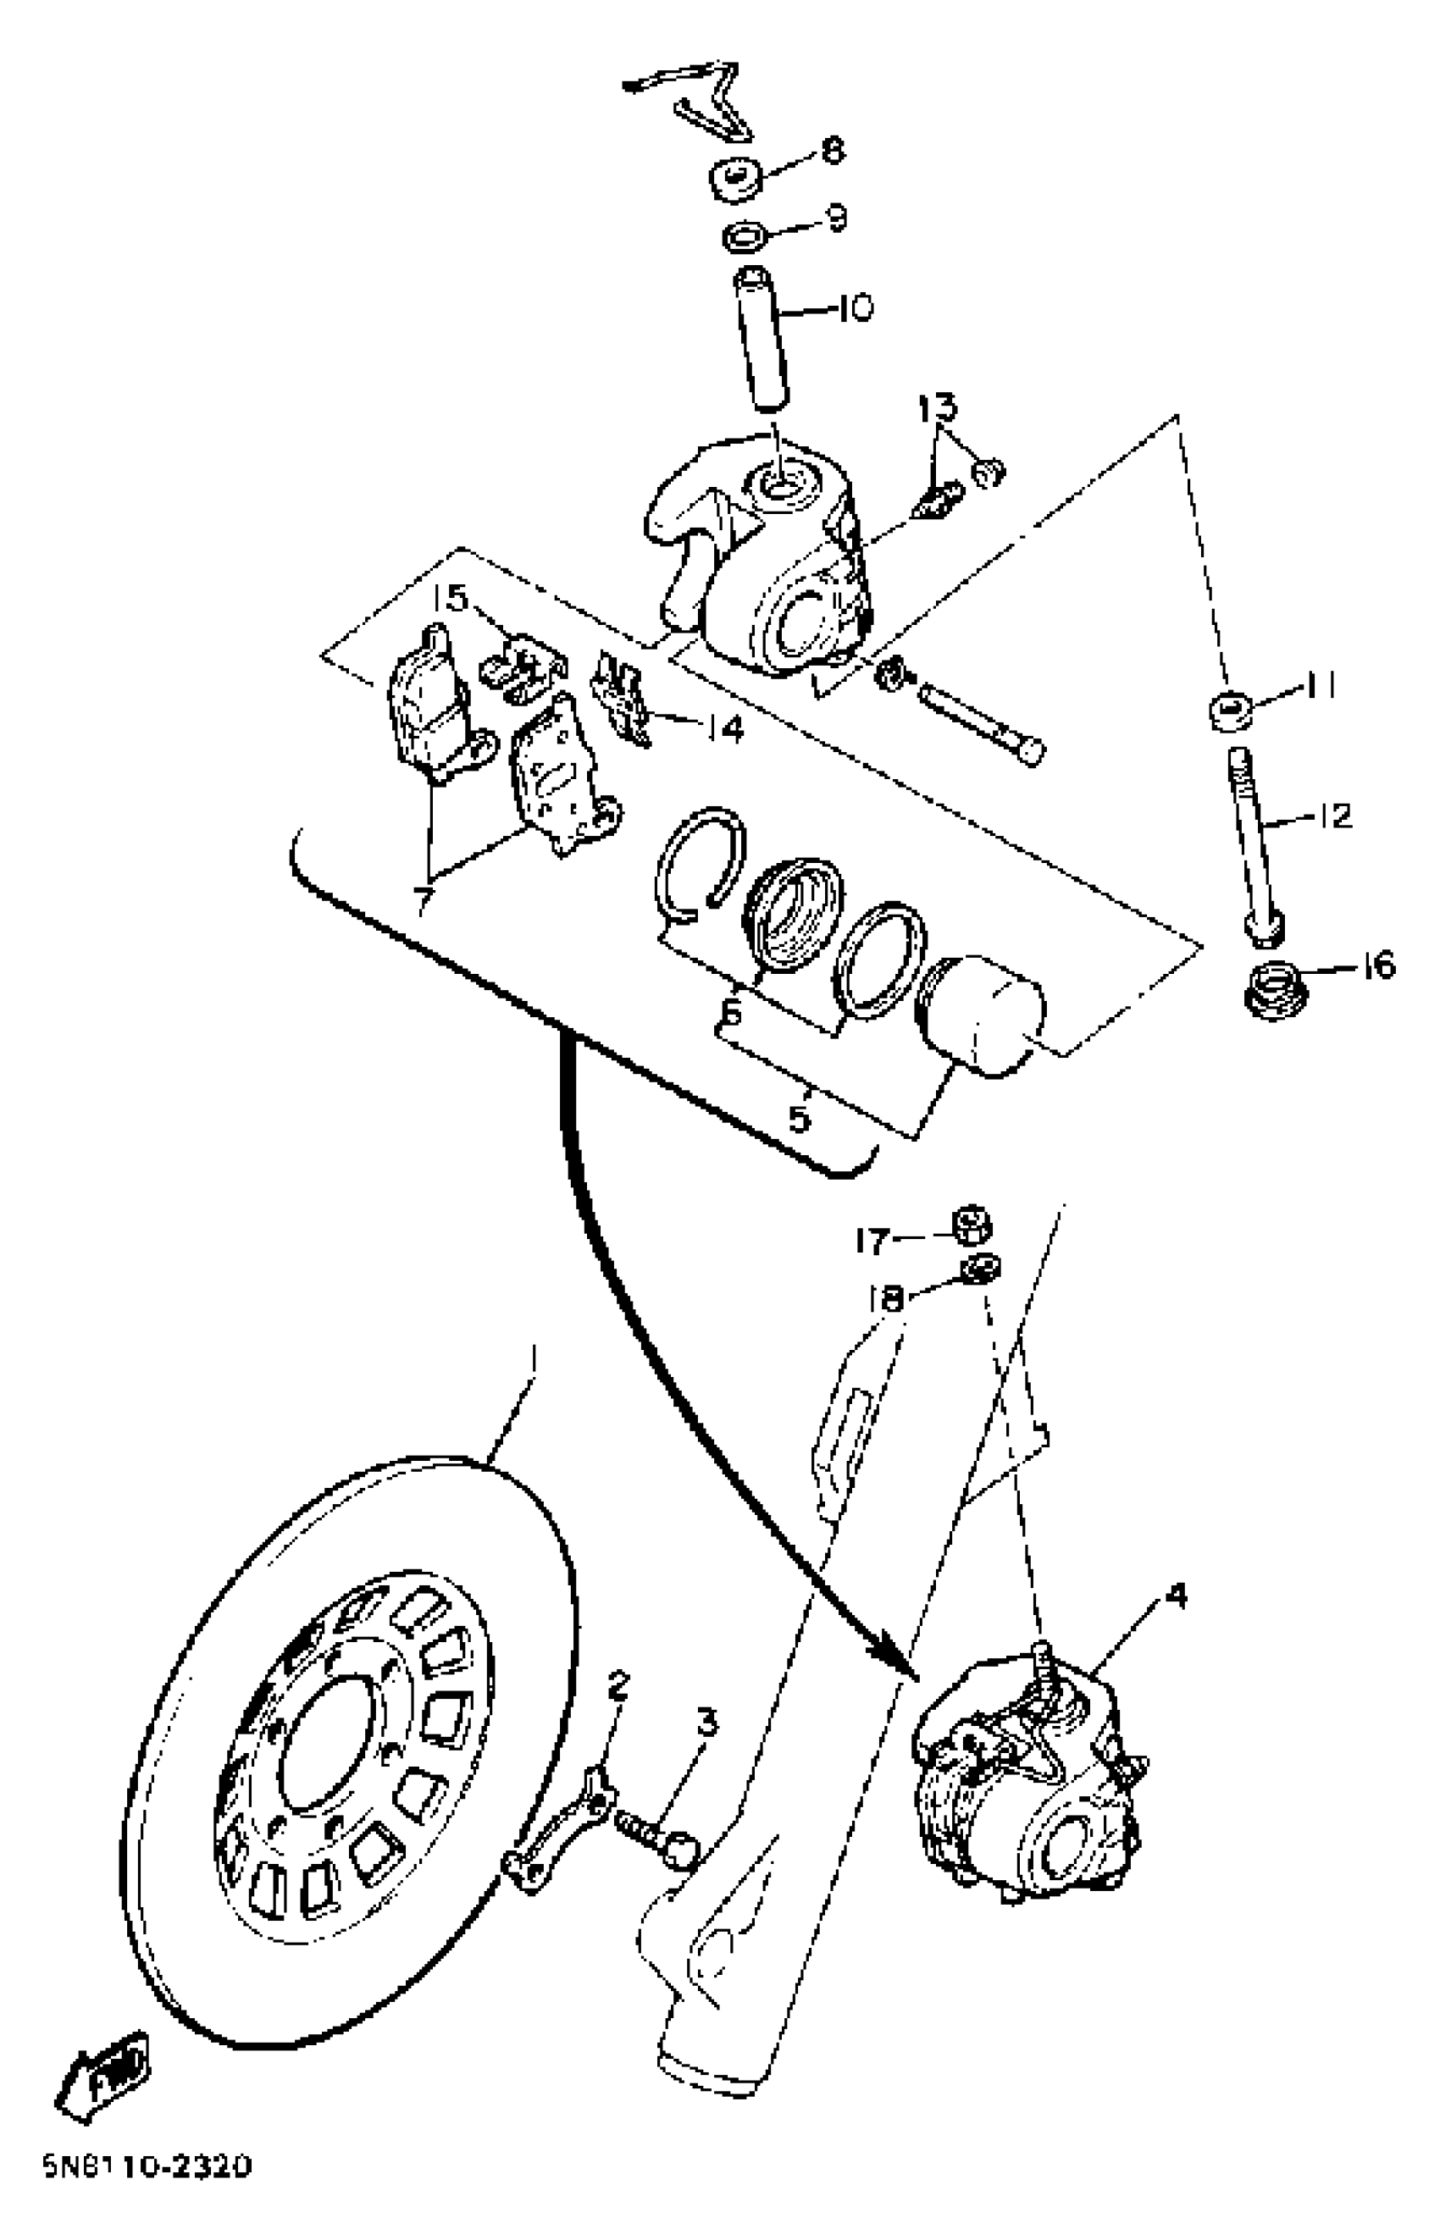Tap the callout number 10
pos(852,307)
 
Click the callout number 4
pos(1177,1597)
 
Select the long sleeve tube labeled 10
pos(763,340)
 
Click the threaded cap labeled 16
pos(1274,989)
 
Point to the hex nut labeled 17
pos(971,1224)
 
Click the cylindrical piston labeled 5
pos(982,1015)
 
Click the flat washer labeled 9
pos(745,235)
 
